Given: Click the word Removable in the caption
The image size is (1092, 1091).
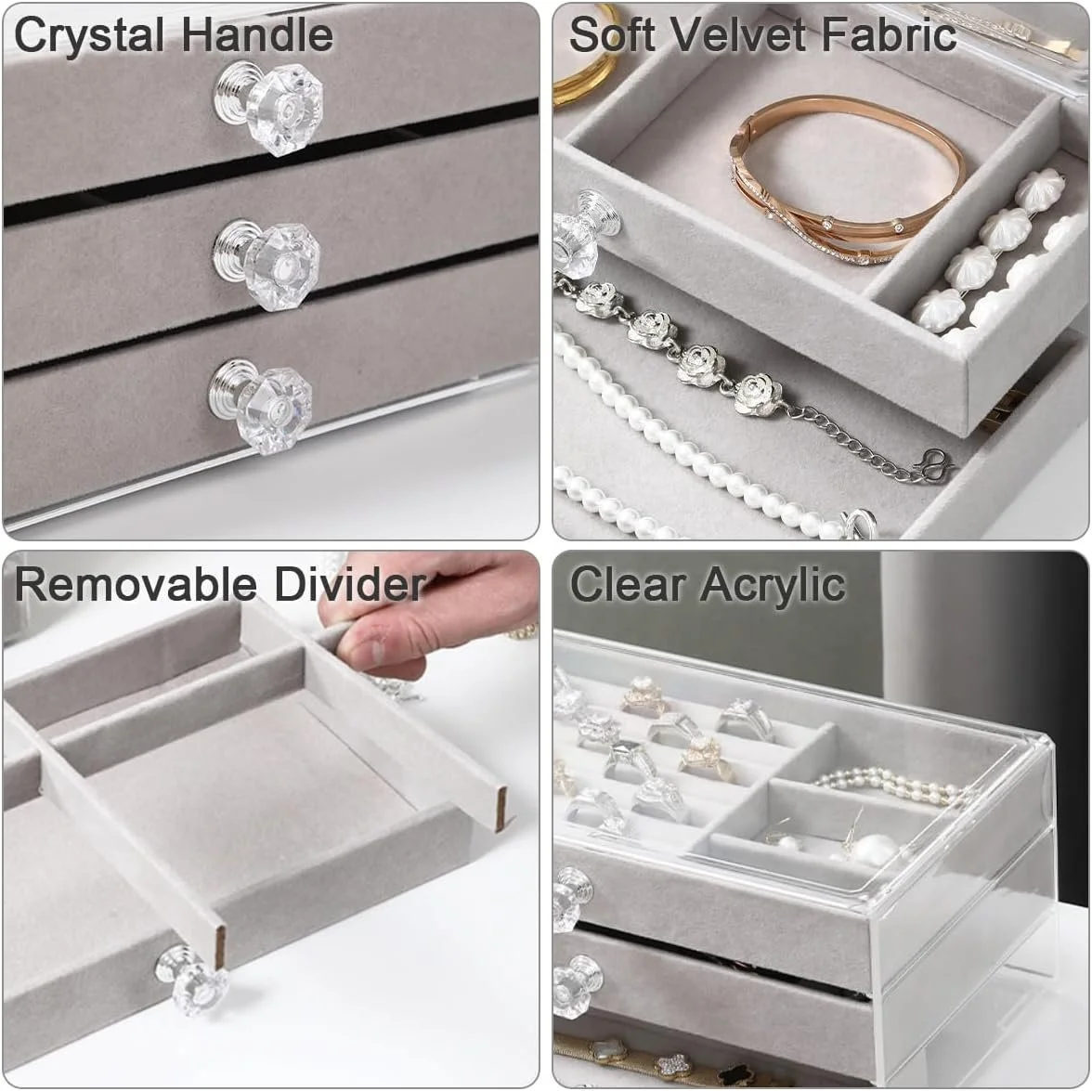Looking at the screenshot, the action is click(136, 583).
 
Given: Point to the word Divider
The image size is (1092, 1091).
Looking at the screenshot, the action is click(349, 583).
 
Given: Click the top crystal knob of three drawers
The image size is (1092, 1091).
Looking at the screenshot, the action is click(269, 107).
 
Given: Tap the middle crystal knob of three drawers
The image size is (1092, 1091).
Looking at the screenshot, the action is click(266, 265).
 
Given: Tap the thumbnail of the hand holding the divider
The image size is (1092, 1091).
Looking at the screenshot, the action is click(375, 652).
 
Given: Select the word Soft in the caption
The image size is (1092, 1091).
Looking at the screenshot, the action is click(612, 33).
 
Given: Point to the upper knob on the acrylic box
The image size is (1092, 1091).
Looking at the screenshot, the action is click(572, 899).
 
